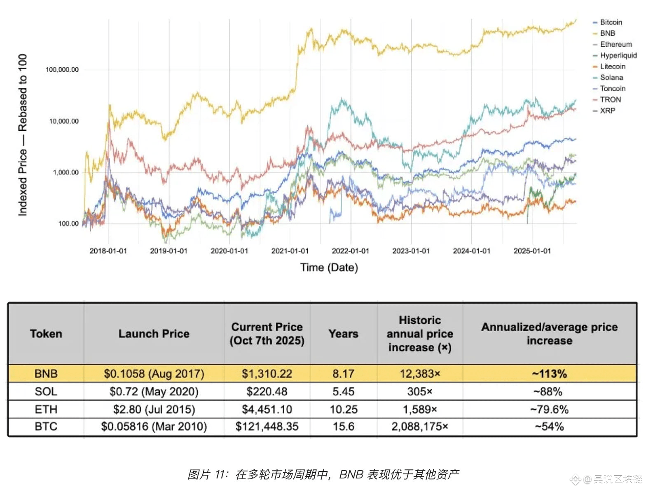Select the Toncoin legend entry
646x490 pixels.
[x=612, y=88]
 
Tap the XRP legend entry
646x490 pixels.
[x=607, y=111]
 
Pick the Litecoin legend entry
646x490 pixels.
[x=612, y=66]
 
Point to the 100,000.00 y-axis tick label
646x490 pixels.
[x=62, y=70]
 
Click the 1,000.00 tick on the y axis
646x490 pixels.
[x=66, y=172]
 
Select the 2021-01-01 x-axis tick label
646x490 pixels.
[x=290, y=251]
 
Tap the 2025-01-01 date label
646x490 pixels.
[x=532, y=251]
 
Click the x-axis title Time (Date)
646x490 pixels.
[x=329, y=268]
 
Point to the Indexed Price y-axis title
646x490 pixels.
[x=23, y=134]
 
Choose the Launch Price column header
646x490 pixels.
[x=154, y=334]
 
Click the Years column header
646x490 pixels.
[x=343, y=334]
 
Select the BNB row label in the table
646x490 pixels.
[x=46, y=374]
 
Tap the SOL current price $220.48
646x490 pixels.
[x=267, y=391]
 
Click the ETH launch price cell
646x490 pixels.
[x=154, y=409]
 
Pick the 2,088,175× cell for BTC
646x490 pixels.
[x=419, y=426]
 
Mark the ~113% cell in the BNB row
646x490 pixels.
[x=549, y=374]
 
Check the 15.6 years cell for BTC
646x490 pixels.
[x=343, y=426]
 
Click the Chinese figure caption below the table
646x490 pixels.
[x=323, y=474]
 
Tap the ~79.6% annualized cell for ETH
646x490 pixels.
[x=549, y=409]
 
